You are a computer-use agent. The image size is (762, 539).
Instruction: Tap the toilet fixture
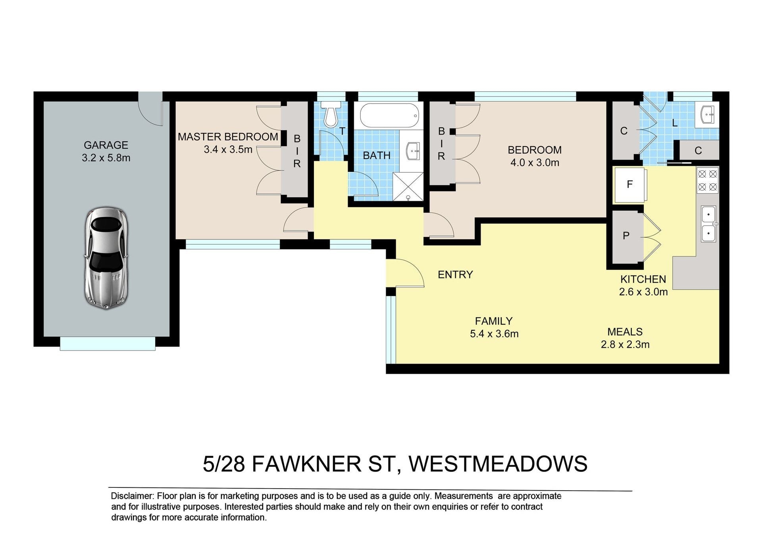(x=331, y=113)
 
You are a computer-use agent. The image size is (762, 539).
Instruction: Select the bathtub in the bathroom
(x=389, y=115)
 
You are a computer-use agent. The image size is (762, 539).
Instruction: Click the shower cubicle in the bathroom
(x=408, y=187)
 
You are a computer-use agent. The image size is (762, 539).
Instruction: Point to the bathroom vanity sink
(x=413, y=151)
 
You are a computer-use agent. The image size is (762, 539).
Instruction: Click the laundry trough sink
(x=707, y=115)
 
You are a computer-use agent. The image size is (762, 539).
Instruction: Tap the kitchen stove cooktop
(x=708, y=180)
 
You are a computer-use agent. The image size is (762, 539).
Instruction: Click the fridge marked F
(x=630, y=185)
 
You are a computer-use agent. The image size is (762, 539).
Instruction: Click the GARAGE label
(x=106, y=145)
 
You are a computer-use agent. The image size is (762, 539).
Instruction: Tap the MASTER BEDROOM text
(x=228, y=137)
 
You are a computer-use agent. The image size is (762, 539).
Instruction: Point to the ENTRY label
(x=455, y=275)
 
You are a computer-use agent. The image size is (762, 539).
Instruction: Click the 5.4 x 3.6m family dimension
(x=494, y=334)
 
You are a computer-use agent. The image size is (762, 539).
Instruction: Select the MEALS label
(x=625, y=332)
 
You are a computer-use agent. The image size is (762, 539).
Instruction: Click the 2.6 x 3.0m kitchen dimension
(x=643, y=292)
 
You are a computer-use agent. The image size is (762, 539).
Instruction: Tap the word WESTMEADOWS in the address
(x=498, y=464)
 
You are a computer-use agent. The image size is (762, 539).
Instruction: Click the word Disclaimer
(x=132, y=496)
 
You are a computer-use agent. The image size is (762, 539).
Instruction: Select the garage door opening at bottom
(x=108, y=344)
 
